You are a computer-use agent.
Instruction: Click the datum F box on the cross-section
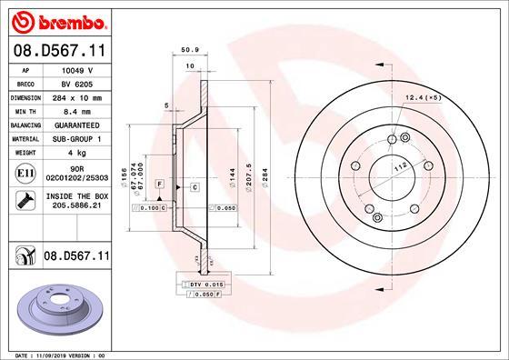click(159, 184)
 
